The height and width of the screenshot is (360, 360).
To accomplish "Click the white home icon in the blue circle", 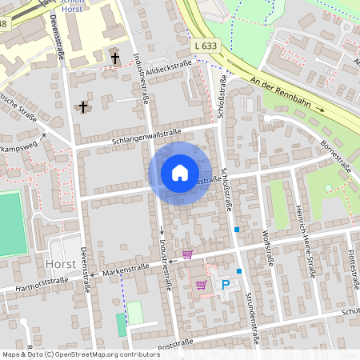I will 180,173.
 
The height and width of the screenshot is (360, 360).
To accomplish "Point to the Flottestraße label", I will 352,263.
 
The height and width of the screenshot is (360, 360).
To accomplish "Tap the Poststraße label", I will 177,344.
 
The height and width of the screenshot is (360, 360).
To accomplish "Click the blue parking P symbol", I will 226,285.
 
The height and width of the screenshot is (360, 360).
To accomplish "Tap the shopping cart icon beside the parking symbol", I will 200,285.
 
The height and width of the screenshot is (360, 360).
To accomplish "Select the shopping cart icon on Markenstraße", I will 187,254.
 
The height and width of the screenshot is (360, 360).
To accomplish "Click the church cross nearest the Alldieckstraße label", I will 115,58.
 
